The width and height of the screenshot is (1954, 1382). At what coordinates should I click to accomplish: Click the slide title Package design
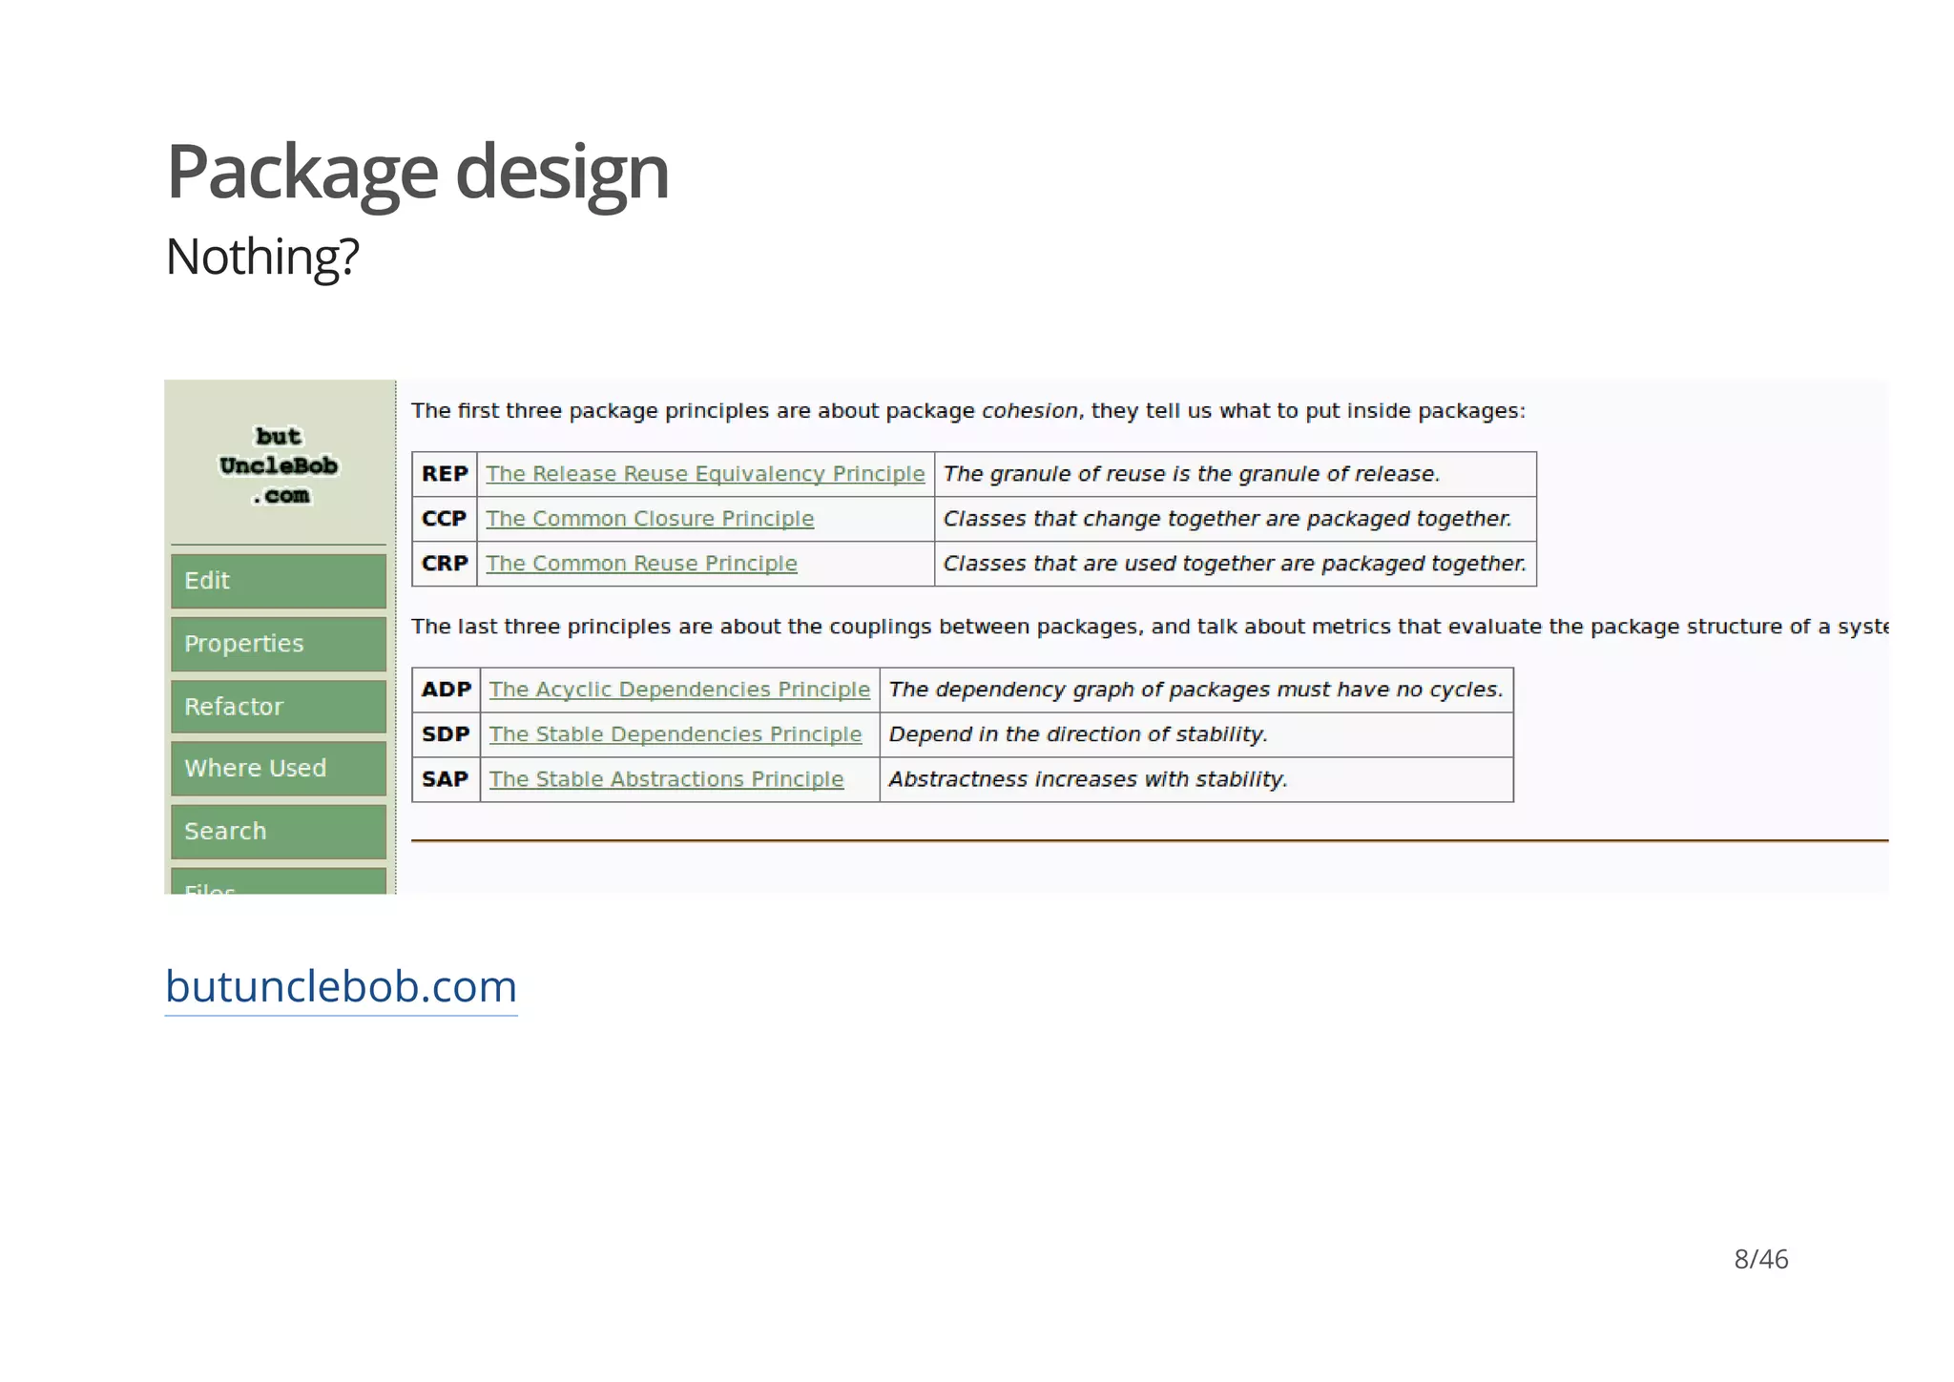click(417, 173)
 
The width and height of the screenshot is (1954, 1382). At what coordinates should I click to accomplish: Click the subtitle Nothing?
click(262, 257)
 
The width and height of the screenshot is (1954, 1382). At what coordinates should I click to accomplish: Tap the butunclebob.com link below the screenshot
click(341, 986)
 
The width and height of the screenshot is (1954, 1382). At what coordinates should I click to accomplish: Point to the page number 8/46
click(1760, 1259)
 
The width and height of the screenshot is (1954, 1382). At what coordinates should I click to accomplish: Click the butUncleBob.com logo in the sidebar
click(279, 465)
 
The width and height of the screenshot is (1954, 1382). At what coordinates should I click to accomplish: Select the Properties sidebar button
click(279, 644)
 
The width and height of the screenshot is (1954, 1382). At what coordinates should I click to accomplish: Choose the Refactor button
click(279, 707)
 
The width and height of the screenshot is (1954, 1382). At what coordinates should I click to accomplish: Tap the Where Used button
click(279, 769)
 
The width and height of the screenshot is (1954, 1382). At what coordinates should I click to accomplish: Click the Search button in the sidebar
click(279, 832)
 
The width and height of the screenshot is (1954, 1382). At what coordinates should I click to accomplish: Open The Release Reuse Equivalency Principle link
click(705, 474)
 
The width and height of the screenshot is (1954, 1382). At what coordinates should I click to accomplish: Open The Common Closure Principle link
click(650, 519)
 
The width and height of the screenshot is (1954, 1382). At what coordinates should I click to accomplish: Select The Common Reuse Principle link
click(641, 564)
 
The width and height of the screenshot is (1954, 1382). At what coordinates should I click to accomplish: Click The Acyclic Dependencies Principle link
click(679, 690)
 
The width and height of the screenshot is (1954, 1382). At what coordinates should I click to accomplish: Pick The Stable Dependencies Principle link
click(676, 734)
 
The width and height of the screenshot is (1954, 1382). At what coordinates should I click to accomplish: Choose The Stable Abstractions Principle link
click(666, 779)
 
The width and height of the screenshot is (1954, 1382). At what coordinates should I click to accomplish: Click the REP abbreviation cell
click(445, 474)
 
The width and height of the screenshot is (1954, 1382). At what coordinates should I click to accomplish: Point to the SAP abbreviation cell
click(446, 779)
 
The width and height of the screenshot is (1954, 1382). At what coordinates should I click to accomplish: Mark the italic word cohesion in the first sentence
click(1029, 411)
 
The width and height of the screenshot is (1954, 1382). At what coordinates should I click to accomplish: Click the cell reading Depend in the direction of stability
click(1078, 734)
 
